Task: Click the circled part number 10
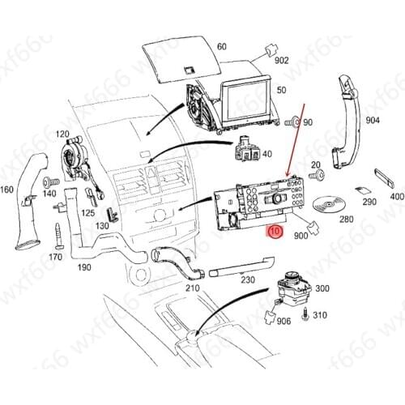275,232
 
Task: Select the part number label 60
222,47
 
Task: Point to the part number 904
373,120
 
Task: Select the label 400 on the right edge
396,196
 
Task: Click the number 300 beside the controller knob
322,288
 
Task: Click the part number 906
283,322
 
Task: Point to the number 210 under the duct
192,288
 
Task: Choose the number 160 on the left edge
6,191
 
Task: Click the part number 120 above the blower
62,134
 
